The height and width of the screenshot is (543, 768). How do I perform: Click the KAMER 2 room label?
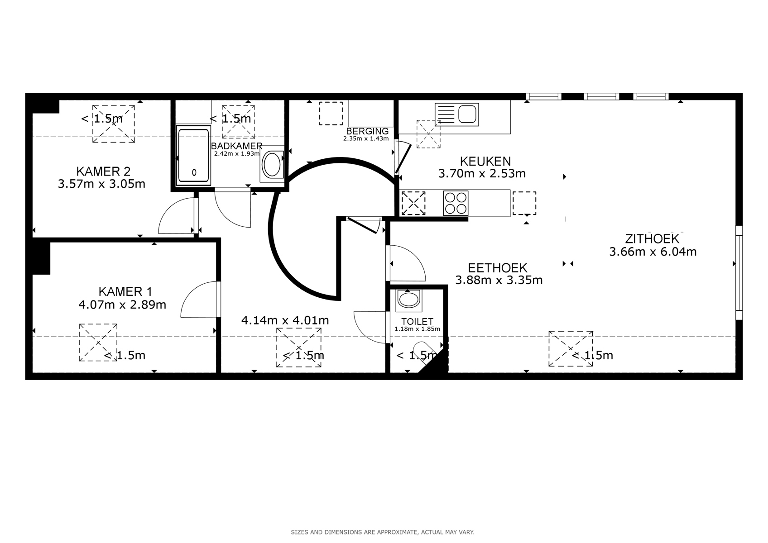click(x=103, y=171)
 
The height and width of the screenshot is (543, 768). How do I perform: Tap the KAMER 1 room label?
click(x=125, y=291)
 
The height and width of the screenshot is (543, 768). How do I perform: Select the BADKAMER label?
click(x=236, y=146)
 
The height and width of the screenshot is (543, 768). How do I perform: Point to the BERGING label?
click(x=367, y=131)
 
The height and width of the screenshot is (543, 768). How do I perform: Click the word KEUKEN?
click(x=485, y=161)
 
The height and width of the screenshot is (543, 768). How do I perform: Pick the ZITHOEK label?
click(x=652, y=238)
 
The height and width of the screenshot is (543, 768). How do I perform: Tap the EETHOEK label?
click(x=498, y=267)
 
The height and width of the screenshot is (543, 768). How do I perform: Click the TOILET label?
click(x=417, y=322)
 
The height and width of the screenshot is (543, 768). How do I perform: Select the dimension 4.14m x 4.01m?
click(x=285, y=320)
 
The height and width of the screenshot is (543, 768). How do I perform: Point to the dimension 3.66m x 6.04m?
click(x=653, y=252)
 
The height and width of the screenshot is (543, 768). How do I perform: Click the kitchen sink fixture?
click(x=457, y=114)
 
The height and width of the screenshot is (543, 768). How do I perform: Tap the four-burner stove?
click(x=456, y=203)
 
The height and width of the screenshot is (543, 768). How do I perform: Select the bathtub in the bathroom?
click(x=193, y=155)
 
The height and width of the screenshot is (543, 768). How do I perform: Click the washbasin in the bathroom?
click(x=272, y=165)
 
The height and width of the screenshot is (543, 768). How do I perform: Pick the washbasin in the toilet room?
click(x=408, y=300)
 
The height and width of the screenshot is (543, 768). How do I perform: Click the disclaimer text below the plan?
click(x=383, y=533)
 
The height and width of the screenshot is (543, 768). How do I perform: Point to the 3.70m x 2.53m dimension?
click(x=482, y=174)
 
